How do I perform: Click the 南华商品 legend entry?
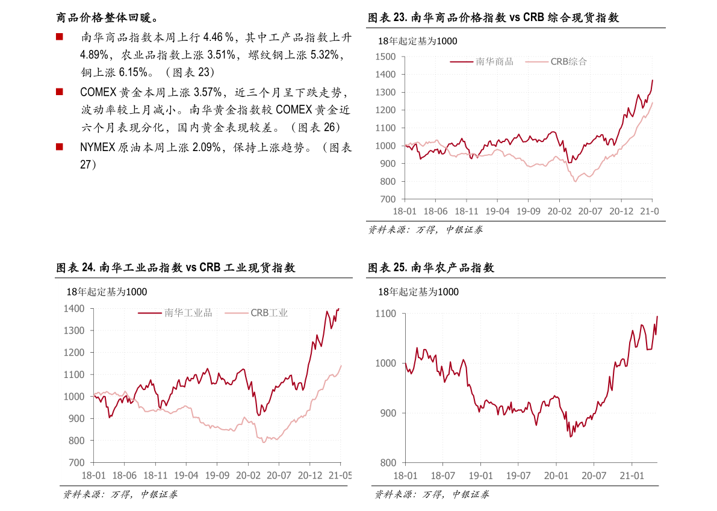tap(494, 61)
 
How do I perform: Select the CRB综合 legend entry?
tap(568, 61)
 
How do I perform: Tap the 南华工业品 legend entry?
tap(188, 313)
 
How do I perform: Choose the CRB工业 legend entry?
tap(269, 313)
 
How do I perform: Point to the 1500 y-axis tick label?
tap(385, 57)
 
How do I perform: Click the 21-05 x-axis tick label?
tap(340, 475)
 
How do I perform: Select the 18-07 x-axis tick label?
tap(442, 475)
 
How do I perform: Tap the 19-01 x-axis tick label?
tap(480, 475)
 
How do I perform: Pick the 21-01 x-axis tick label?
tap(632, 475)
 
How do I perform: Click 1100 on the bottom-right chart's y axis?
tap(385, 314)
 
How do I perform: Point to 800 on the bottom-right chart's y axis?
tap(388, 463)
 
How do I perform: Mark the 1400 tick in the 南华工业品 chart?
tap(73, 309)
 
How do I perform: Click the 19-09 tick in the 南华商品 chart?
tap(528, 211)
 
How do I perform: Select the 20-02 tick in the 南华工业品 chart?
tap(247, 475)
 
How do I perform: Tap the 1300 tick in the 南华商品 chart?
tap(385, 93)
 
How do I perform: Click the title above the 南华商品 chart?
tap(417, 41)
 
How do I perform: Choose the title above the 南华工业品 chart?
tap(107, 292)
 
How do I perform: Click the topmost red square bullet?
tap(59, 37)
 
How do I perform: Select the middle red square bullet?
tap(59, 91)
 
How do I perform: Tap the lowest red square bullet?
tap(59, 146)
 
